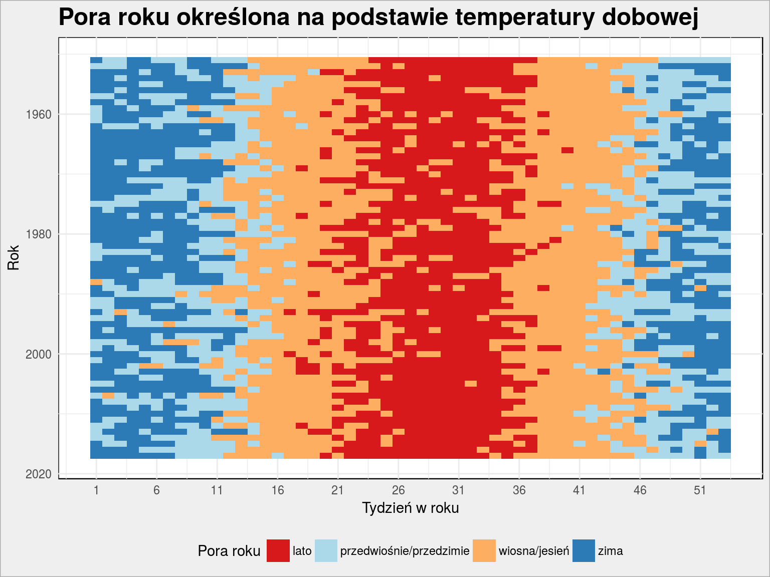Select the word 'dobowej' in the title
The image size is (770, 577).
(x=650, y=18)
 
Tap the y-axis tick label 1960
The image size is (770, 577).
(x=39, y=115)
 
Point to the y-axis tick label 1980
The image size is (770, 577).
(x=39, y=234)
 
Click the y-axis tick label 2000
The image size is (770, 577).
(x=39, y=354)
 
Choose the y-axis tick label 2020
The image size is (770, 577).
(x=39, y=474)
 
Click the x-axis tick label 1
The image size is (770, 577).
(x=96, y=490)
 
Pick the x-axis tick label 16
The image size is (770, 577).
(x=278, y=490)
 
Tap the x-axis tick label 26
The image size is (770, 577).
(x=398, y=490)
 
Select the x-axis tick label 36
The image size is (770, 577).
(x=519, y=490)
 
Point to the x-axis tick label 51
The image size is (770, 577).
(x=700, y=490)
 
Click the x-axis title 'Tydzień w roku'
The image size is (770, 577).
(x=411, y=508)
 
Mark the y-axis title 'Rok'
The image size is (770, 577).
(x=14, y=258)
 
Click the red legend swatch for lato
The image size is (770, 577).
(x=278, y=551)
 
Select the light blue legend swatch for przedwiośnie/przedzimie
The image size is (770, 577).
(x=326, y=551)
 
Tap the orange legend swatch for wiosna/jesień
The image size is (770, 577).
(x=484, y=551)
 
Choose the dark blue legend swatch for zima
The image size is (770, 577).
(x=584, y=551)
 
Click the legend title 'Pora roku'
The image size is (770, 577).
(x=229, y=551)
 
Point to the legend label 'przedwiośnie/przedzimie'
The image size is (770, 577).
(x=405, y=551)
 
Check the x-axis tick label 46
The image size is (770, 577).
(x=640, y=490)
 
